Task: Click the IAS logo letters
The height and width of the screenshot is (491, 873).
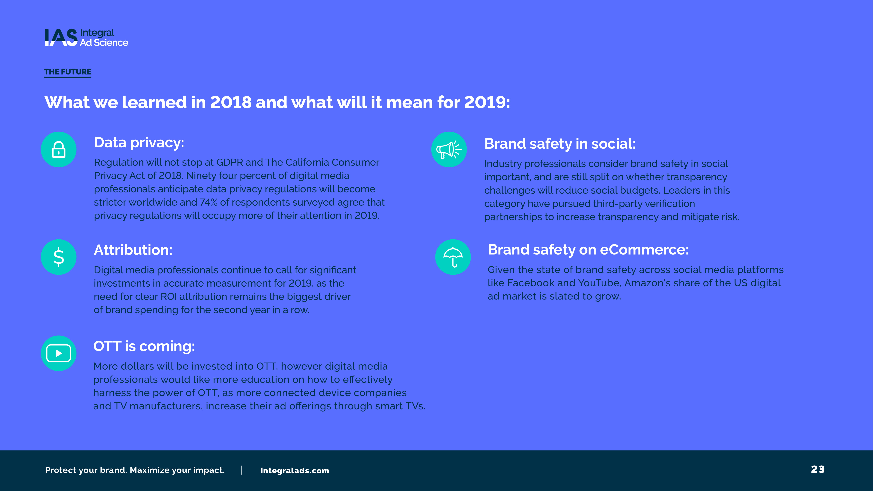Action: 61,37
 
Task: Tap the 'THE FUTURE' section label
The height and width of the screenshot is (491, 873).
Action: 67,72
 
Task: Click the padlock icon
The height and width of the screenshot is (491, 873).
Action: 59,149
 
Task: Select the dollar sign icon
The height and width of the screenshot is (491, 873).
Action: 59,257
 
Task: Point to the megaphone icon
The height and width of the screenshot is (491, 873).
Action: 449,149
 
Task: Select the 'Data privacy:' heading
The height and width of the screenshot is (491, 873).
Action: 139,143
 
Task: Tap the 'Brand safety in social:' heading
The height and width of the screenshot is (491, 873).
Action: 560,144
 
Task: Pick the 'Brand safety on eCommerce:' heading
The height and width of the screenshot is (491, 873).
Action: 588,250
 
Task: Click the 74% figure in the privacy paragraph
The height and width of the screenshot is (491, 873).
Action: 208,202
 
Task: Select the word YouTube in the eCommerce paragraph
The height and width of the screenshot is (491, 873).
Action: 600,283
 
